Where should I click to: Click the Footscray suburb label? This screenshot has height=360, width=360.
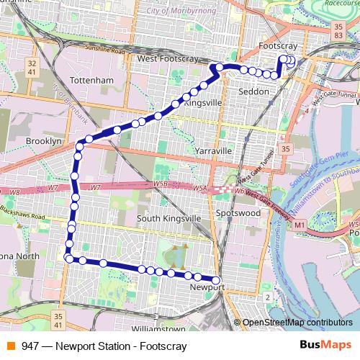[x=277, y=46]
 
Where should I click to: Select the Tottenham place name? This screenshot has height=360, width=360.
[x=92, y=79]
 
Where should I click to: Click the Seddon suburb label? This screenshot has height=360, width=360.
[x=253, y=92]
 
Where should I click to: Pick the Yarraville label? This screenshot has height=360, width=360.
[x=212, y=151]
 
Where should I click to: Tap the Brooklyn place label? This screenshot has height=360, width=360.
[x=44, y=142]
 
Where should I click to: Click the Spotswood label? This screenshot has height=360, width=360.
[x=238, y=214]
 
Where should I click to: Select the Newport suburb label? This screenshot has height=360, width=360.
[x=207, y=287]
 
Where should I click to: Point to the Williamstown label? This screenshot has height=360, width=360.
[x=164, y=328]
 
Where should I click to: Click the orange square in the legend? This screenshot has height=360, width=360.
[x=9, y=346]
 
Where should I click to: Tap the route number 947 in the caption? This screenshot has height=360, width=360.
[x=30, y=346]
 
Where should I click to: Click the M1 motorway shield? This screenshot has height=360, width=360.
[x=299, y=226]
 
